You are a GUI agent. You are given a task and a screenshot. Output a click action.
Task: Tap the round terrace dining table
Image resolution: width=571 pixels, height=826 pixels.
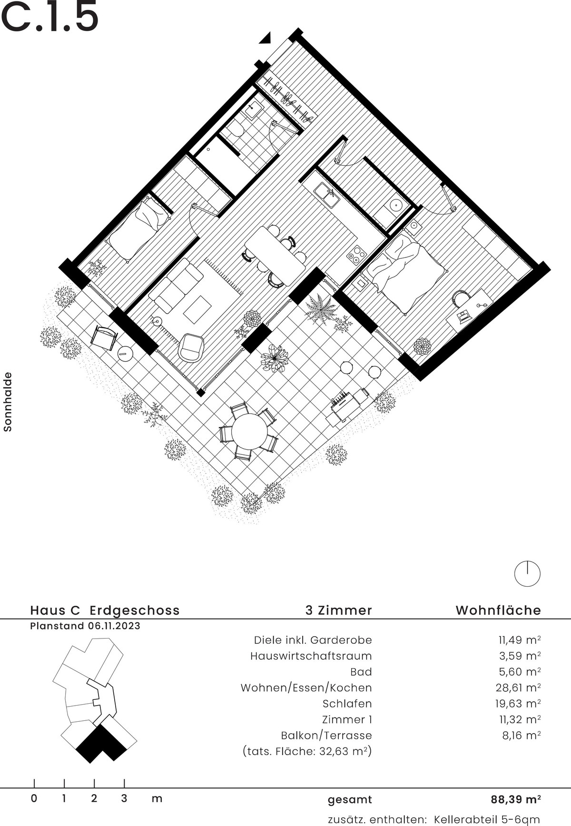tap(249, 431)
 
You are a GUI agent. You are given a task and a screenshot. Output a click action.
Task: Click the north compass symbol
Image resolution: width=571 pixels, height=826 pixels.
tap(527, 574)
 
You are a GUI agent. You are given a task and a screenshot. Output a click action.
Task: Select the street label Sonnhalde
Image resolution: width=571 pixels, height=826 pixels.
tap(8, 402)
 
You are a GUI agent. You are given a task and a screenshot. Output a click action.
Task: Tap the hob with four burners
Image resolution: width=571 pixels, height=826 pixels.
tap(356, 255)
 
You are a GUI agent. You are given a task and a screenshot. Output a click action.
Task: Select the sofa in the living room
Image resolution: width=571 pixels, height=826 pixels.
tap(176, 285)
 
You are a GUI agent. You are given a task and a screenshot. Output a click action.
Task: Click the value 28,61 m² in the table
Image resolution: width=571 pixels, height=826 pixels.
tap(520, 688)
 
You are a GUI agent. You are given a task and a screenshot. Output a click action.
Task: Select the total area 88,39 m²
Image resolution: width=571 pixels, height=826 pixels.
tap(516, 799)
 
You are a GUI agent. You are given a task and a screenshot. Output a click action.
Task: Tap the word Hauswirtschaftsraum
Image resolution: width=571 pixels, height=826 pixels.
tap(311, 656)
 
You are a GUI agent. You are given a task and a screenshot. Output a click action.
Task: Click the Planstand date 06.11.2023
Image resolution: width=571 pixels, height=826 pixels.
tap(114, 626)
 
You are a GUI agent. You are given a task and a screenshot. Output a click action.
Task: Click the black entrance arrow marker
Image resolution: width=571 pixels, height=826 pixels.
tap(266, 38)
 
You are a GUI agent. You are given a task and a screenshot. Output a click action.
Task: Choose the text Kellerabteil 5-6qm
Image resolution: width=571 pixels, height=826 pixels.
tap(486, 819)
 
